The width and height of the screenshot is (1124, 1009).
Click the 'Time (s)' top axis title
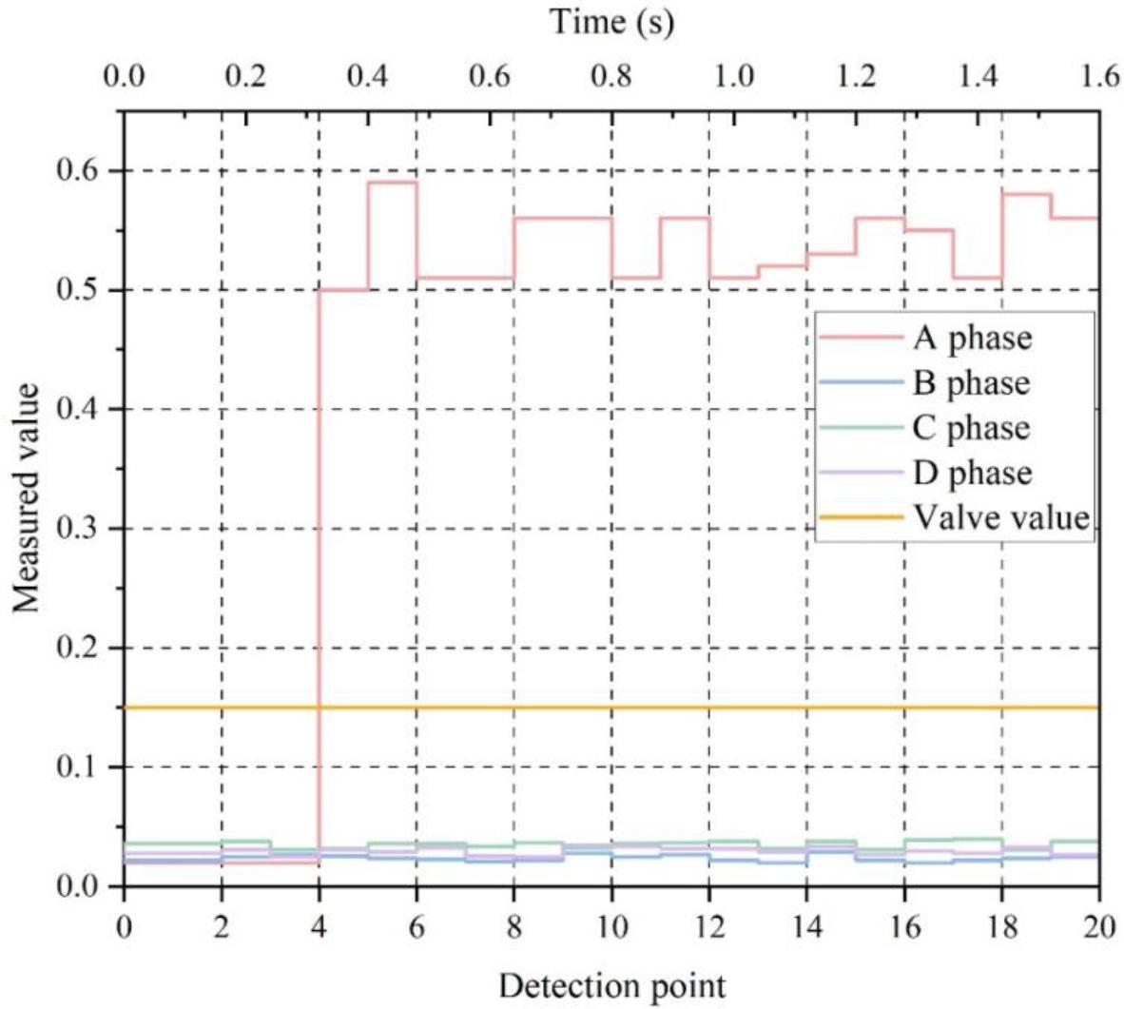click(612, 21)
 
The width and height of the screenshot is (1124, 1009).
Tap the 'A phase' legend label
click(972, 338)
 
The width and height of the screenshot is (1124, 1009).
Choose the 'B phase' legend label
click(971, 382)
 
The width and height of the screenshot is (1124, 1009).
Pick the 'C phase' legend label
click(971, 428)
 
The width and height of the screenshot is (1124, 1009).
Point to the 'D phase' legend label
click(972, 473)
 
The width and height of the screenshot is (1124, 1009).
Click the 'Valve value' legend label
click(1000, 517)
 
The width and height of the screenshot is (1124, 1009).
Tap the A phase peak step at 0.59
click(392, 182)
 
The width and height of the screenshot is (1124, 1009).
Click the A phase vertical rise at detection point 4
click(319, 571)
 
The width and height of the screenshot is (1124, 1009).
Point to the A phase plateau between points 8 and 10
click(563, 218)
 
